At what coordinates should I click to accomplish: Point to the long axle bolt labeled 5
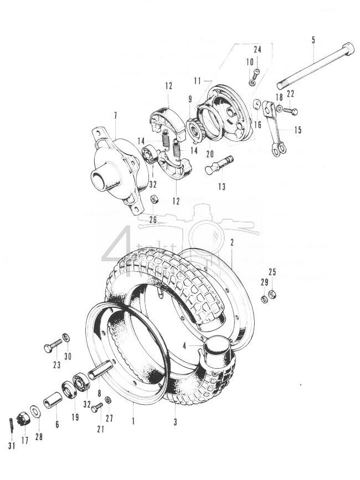tap(316, 65)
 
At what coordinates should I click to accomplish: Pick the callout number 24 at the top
tap(258, 49)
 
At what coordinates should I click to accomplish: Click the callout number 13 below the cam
tap(222, 187)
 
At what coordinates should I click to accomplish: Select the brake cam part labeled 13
tap(218, 165)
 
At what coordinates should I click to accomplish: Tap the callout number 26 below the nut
tap(153, 220)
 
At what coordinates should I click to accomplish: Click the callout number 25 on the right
tap(272, 272)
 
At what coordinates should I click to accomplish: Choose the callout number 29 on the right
tap(265, 283)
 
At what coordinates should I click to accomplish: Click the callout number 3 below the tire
tap(174, 422)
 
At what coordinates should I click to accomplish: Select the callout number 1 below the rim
tap(133, 421)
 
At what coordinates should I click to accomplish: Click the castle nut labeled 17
tap(24, 416)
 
